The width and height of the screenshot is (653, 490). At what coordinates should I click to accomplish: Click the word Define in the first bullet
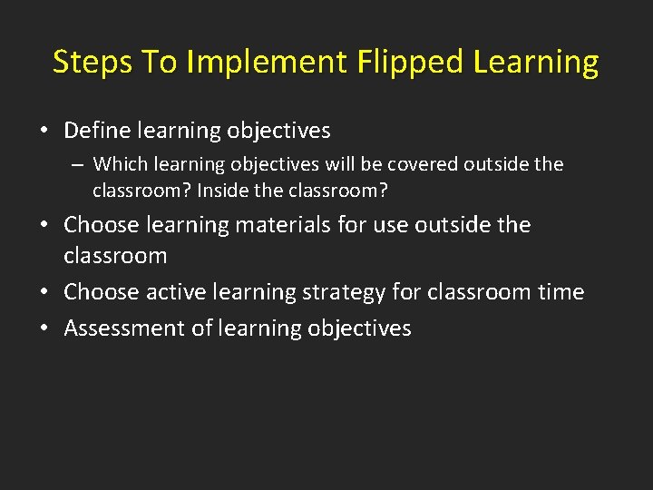click(x=97, y=131)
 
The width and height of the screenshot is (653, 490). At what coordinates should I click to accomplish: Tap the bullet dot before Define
click(x=44, y=132)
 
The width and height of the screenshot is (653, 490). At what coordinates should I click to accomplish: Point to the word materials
click(x=278, y=224)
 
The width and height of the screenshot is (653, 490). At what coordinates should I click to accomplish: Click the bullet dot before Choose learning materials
click(x=44, y=225)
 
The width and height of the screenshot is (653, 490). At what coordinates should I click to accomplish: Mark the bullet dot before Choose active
click(x=44, y=293)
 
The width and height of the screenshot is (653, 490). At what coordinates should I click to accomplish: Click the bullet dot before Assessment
click(x=44, y=329)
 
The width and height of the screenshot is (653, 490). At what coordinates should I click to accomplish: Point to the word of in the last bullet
click(x=202, y=328)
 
